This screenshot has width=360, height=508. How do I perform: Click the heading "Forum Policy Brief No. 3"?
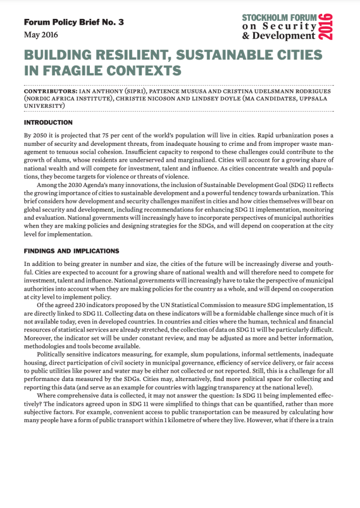click(x=73, y=23)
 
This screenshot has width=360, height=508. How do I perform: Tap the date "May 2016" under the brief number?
click(x=41, y=35)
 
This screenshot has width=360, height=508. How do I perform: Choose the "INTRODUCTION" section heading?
click(x=48, y=123)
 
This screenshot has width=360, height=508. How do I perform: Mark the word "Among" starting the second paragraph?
click(x=44, y=185)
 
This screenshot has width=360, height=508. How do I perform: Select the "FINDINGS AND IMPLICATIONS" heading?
click(x=71, y=251)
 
